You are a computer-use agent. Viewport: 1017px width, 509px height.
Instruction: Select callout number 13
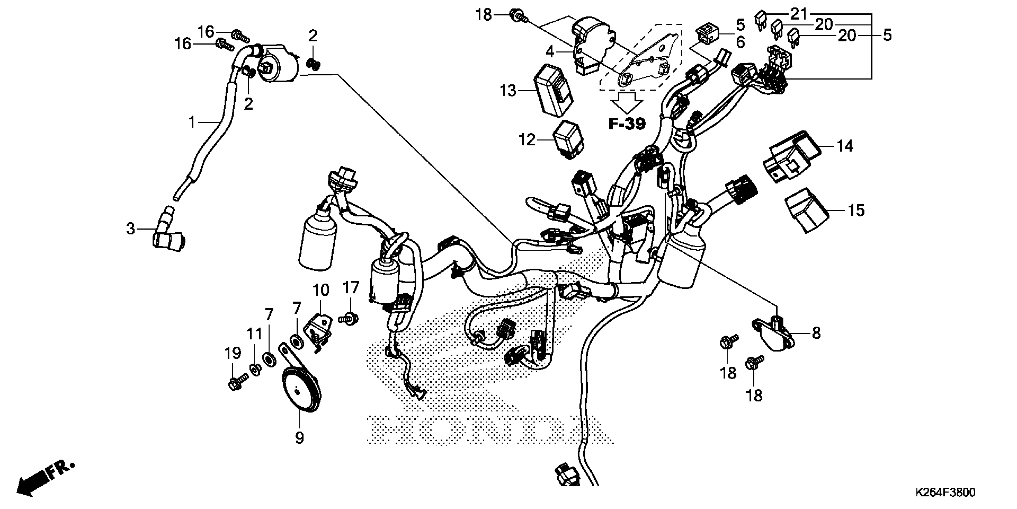tap(508, 91)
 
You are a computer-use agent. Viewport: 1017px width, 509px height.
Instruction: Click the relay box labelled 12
tap(569, 140)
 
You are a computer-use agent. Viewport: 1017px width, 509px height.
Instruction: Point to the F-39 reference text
tap(627, 124)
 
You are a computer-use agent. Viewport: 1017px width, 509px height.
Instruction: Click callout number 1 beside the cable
tap(192, 122)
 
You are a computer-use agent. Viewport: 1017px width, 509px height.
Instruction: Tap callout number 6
tap(740, 42)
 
